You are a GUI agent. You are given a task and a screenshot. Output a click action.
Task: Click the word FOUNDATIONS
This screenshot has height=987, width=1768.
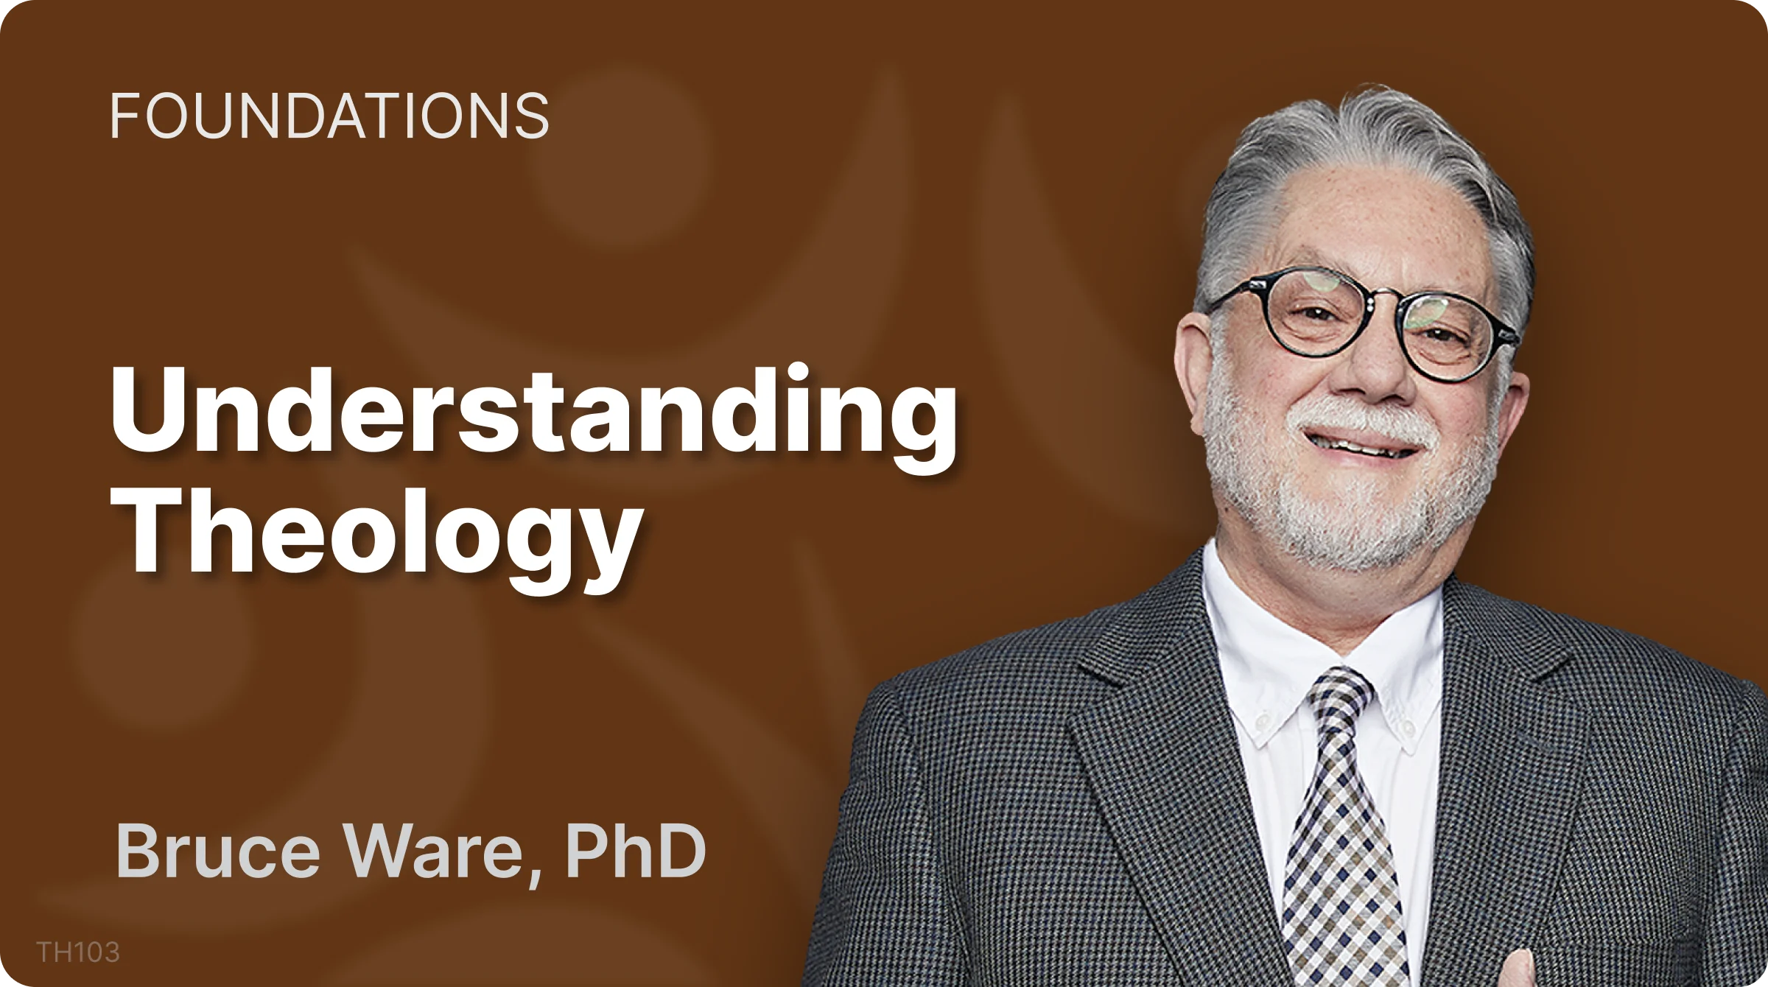329,116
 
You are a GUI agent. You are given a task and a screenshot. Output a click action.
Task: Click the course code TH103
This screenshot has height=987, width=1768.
78,952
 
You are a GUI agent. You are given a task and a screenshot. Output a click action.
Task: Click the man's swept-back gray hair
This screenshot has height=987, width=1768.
1363,147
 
